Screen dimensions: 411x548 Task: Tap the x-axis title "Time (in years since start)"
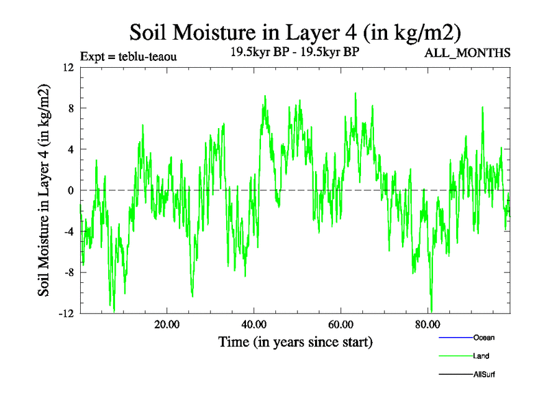pos(295,341)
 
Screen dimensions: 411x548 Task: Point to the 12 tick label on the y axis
pos(67,67)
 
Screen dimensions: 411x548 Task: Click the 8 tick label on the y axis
pos(70,108)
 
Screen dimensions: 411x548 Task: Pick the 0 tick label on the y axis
pos(70,190)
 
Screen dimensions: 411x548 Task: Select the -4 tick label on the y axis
pos(68,232)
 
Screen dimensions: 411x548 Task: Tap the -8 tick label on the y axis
pos(68,273)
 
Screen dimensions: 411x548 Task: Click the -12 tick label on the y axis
pos(66,314)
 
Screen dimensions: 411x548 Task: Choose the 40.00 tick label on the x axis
pos(254,325)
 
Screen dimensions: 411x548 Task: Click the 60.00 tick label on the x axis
pos(341,325)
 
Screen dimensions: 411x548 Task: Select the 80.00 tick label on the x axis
pos(428,325)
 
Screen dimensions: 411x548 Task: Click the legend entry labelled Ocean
pos(484,338)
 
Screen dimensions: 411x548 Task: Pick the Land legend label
pos(481,356)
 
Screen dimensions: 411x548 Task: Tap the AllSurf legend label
pos(484,375)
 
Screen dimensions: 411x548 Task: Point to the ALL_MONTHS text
pos(468,53)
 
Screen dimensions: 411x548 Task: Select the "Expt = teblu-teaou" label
pos(129,57)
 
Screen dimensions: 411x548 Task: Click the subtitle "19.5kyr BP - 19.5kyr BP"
pos(295,51)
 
